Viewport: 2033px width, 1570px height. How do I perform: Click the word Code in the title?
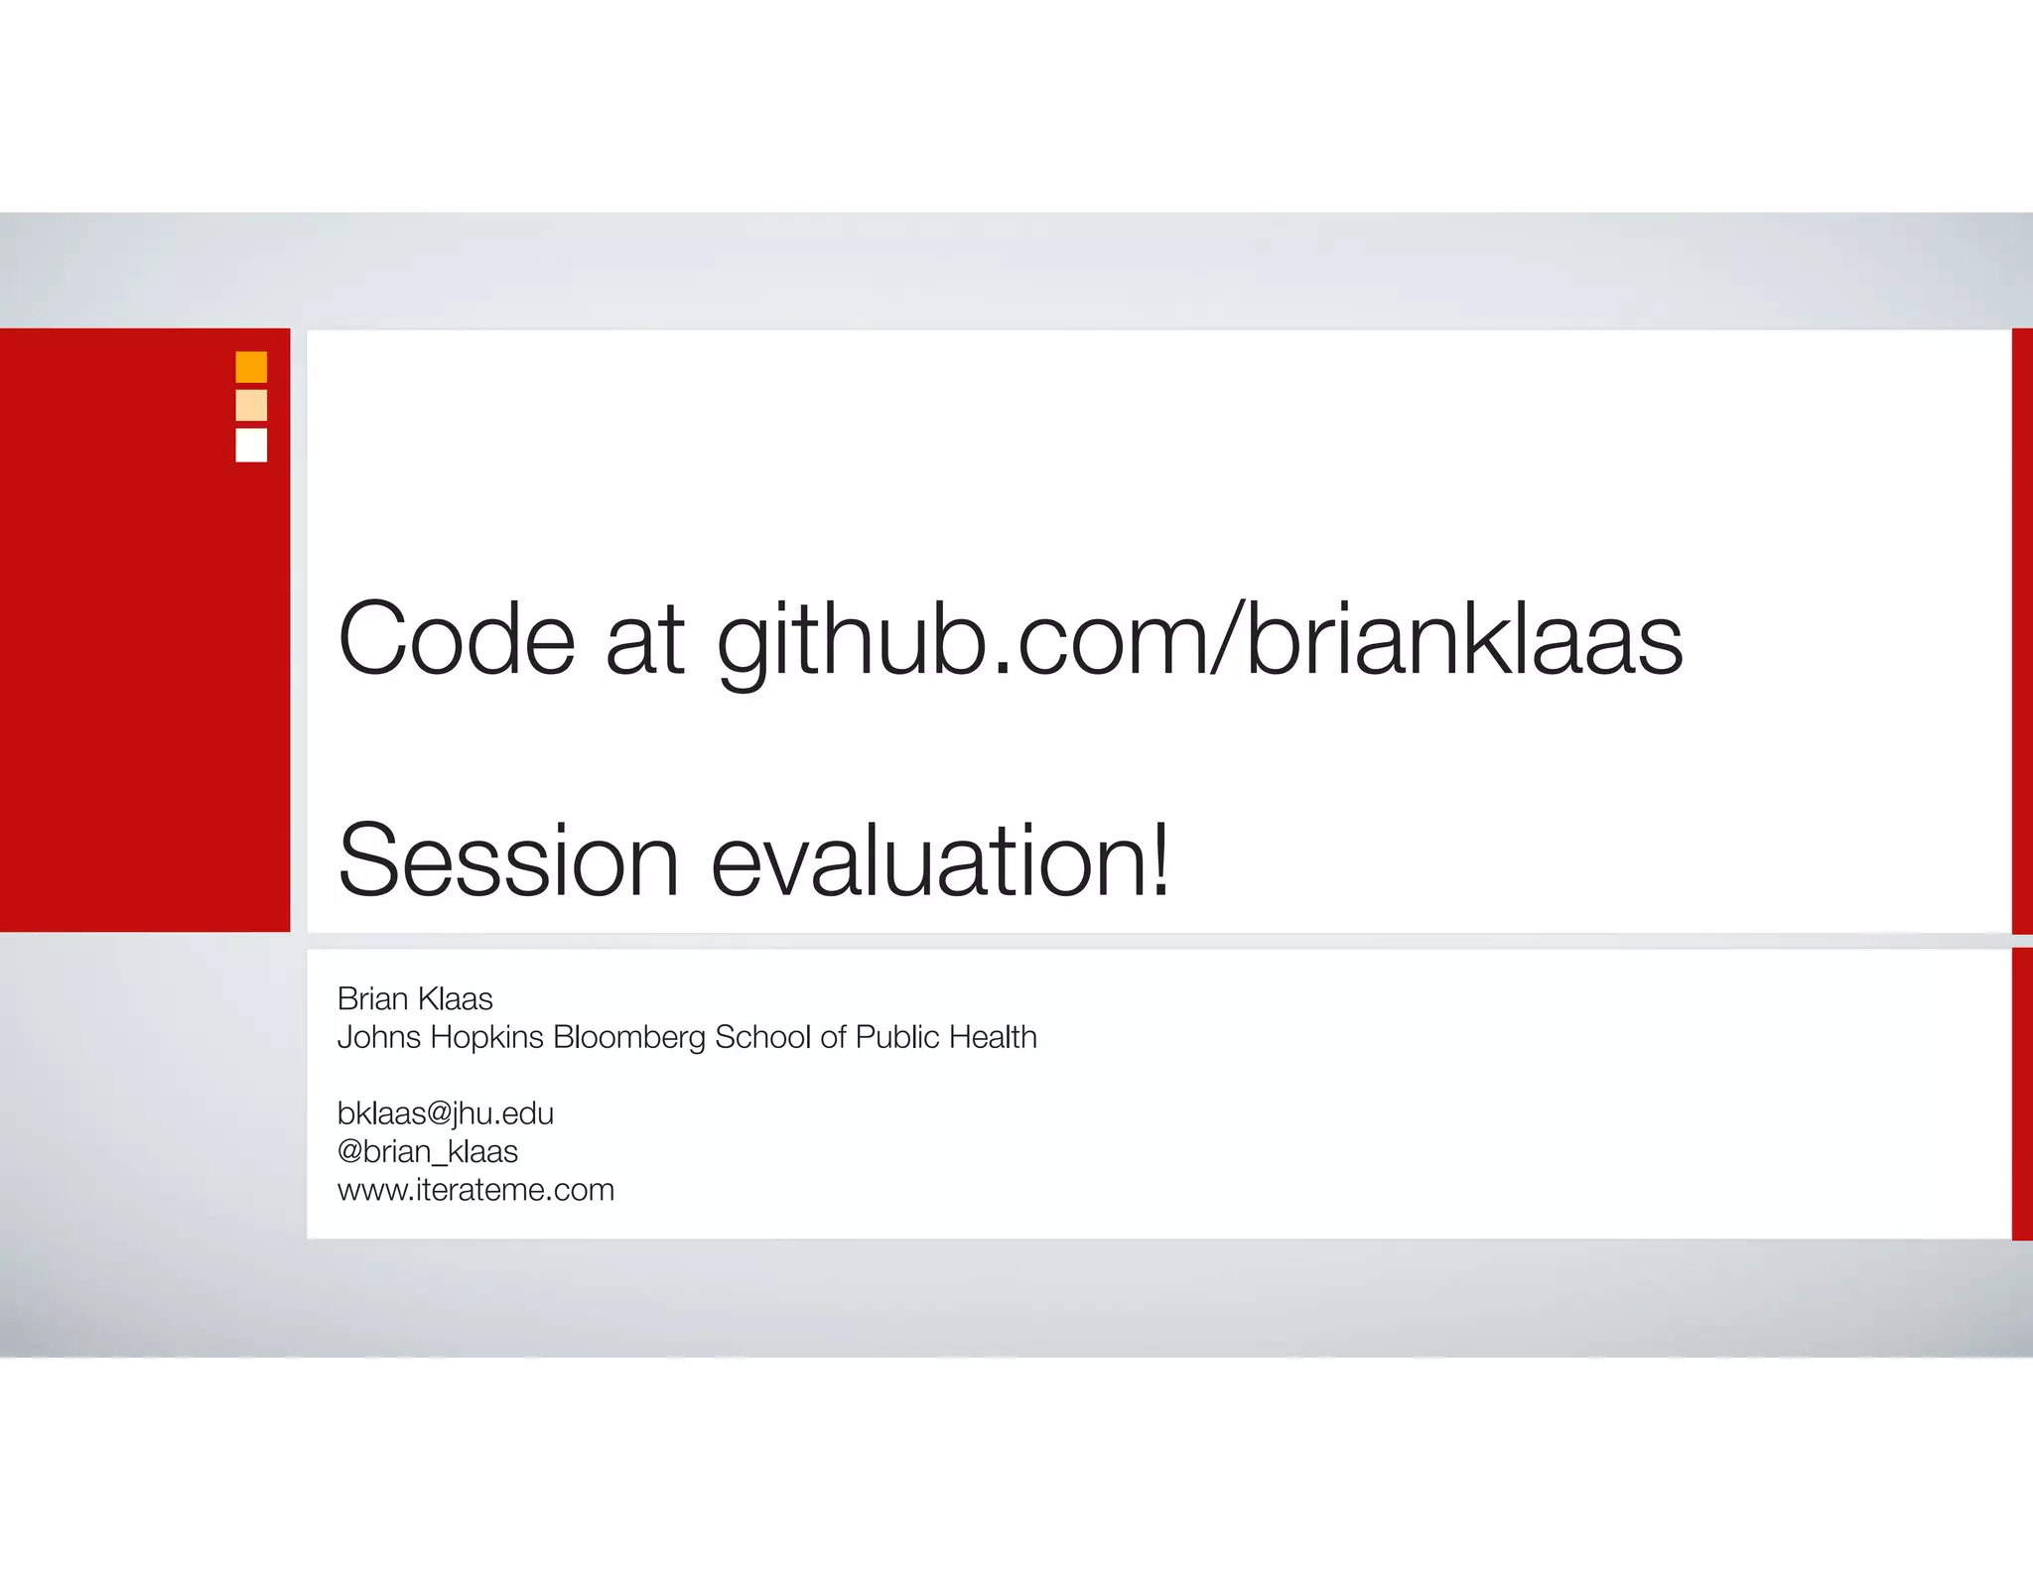(x=457, y=639)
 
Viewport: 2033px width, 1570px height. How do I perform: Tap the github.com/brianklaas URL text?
(x=1199, y=643)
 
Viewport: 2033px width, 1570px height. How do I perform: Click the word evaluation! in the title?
(x=939, y=860)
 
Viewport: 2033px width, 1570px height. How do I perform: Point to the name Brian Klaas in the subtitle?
(x=415, y=998)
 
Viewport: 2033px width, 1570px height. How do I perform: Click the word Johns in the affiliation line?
(x=379, y=1037)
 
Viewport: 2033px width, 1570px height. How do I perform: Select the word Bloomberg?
(x=629, y=1038)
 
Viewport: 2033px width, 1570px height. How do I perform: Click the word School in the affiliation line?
(x=762, y=1037)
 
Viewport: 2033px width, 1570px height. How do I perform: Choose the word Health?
(x=993, y=1037)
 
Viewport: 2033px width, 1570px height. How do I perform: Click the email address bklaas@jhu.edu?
(x=446, y=1114)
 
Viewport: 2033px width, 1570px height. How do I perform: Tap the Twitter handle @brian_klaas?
(x=428, y=1152)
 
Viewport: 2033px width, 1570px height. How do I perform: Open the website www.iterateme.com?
(x=475, y=1190)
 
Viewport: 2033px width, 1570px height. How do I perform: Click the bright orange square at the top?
(x=251, y=367)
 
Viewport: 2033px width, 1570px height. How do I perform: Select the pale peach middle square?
(x=251, y=406)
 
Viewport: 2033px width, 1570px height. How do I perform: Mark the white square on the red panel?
(x=251, y=445)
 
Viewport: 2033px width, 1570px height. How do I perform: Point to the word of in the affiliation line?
(x=833, y=1037)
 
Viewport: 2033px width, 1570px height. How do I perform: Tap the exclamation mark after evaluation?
(x=1159, y=858)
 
